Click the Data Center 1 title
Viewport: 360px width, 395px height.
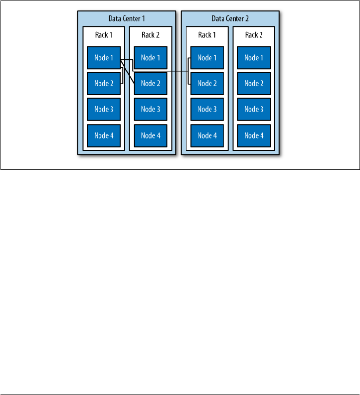pos(127,19)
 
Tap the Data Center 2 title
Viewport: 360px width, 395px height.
pos(230,19)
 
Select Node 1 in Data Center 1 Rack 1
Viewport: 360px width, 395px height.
pos(104,58)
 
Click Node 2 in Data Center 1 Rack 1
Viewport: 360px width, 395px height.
pos(104,83)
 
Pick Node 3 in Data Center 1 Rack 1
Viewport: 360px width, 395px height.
pos(104,109)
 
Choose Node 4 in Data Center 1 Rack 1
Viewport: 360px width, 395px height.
pos(104,135)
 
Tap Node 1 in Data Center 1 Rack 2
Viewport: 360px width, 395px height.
pos(151,58)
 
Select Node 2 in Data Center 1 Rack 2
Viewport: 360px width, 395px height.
pos(151,83)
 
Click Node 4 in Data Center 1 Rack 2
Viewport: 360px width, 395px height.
pos(151,135)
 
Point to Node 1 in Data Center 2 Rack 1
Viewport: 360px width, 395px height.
pos(207,58)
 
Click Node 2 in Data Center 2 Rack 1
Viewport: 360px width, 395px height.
pos(207,83)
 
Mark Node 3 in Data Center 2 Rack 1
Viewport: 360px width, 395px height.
pos(207,109)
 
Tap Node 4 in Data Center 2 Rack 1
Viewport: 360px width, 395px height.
pos(207,135)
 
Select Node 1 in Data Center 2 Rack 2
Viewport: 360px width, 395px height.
pos(254,58)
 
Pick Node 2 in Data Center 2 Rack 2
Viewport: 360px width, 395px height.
pos(254,83)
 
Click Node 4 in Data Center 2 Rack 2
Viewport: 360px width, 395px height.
pos(254,135)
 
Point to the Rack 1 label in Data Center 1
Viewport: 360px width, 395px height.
pos(104,35)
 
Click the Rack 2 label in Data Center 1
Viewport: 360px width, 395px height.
pos(151,35)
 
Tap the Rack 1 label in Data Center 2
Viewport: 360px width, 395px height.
pos(207,35)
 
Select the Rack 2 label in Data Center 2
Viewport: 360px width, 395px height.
pos(254,35)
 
